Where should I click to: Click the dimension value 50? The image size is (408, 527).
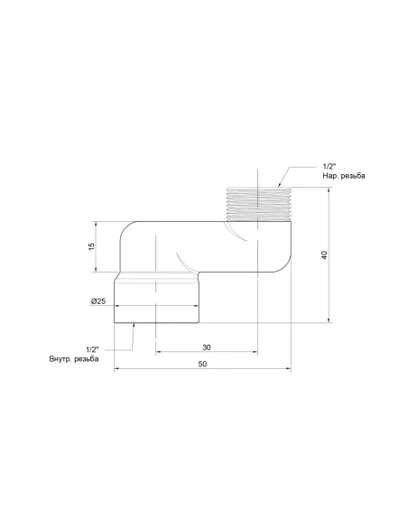tap(202, 363)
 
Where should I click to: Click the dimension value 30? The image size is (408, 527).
tap(207, 347)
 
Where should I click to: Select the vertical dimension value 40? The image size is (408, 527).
tap(322, 254)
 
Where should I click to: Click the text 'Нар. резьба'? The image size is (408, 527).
tap(344, 175)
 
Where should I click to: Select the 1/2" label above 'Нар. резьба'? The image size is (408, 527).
tap(330, 165)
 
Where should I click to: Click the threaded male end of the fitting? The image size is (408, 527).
tap(258, 204)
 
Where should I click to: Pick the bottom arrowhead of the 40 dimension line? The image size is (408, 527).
tap(329, 320)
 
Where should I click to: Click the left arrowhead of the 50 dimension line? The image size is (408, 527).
tap(117, 369)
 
